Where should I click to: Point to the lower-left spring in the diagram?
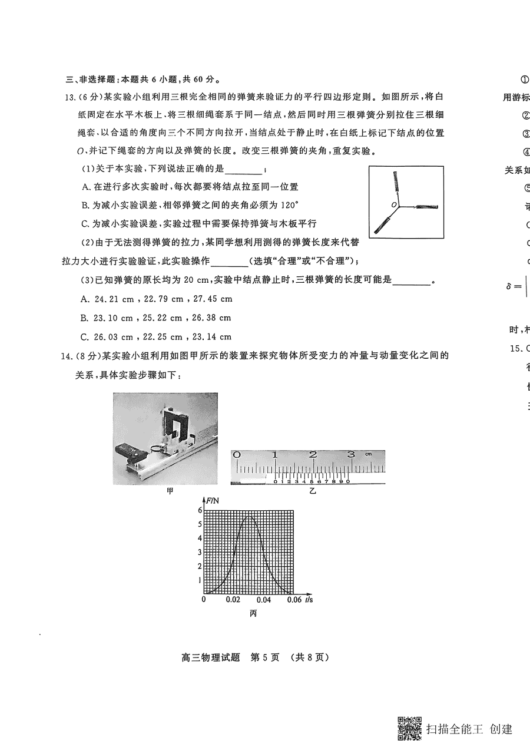coord(382,224)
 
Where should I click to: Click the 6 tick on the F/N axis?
coord(200,510)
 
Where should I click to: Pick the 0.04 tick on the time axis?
coord(264,600)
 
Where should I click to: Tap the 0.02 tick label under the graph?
coord(233,600)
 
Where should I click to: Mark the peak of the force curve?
coord(250,517)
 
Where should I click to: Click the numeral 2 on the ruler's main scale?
coord(313,455)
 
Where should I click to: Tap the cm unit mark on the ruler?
coord(368,454)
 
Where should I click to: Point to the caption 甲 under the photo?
coord(171,491)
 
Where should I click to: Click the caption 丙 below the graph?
coord(253,613)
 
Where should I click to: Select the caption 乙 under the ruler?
coord(313,491)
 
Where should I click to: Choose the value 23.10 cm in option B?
coord(114,318)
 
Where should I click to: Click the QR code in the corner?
coord(410,728)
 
